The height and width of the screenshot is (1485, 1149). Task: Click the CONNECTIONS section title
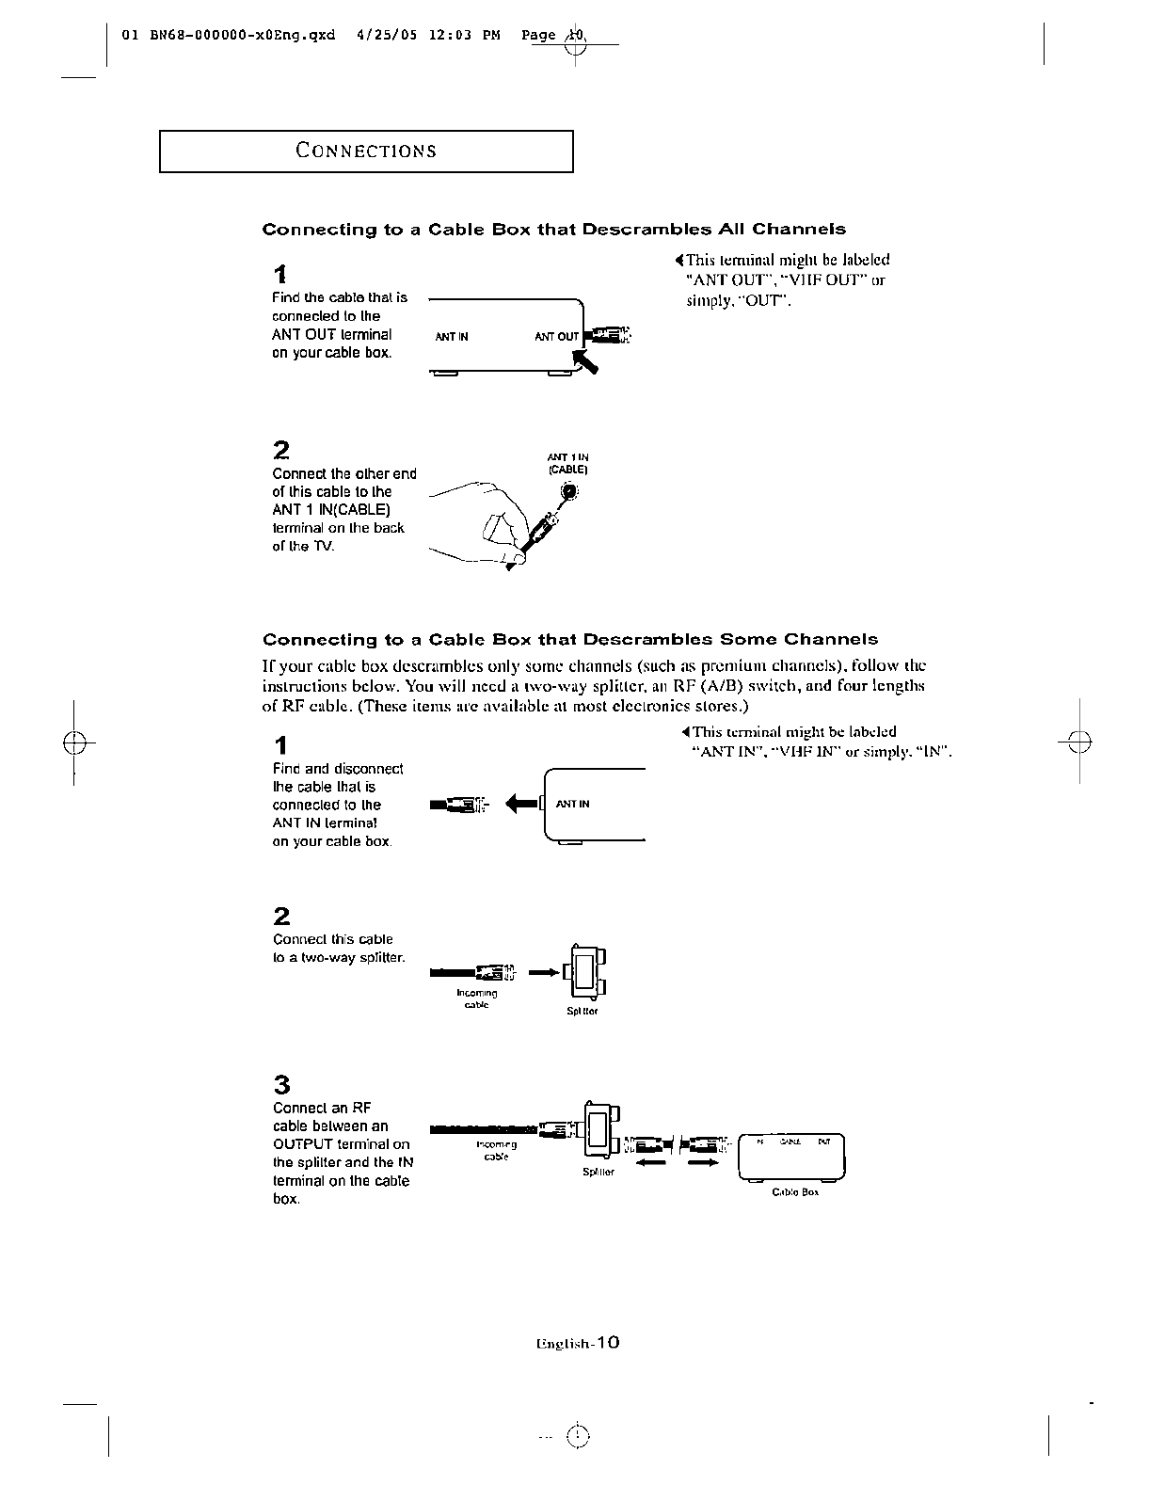pos(366,151)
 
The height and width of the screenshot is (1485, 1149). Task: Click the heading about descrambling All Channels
pos(553,230)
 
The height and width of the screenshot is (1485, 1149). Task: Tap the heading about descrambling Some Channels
pos(569,640)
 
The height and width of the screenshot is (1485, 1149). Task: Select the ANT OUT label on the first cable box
pos(556,337)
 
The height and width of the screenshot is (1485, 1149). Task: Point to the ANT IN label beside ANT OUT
pos(452,337)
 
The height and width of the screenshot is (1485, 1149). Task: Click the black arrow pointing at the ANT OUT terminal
pos(587,360)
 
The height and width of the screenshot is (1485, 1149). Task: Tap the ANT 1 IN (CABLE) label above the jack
pos(567,463)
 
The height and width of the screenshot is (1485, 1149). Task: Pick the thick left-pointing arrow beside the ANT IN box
pos(522,804)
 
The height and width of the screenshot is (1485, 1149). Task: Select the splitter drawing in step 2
pos(583,971)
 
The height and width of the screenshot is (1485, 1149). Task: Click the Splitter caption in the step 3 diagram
pos(598,1173)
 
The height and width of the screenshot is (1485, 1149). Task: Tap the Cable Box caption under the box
pos(795,1191)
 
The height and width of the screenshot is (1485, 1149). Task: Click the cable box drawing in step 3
pos(792,1157)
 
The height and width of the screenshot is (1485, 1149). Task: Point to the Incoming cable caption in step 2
pos(476,998)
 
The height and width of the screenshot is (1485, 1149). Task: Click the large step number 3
pos(281,1083)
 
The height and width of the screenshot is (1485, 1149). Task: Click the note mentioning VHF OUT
pos(786,280)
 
